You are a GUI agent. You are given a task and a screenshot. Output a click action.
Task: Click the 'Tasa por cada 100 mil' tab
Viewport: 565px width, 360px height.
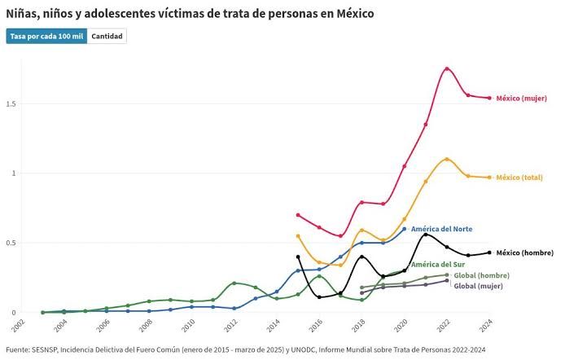pos(46,37)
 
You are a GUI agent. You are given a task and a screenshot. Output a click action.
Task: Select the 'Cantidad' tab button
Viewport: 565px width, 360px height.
pos(107,37)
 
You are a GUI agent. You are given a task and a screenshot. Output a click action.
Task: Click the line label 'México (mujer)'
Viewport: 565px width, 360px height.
pos(522,99)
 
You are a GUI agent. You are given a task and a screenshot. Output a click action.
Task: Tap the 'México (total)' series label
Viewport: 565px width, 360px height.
pos(519,178)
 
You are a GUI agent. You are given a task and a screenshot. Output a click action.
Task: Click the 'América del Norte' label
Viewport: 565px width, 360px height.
pos(441,229)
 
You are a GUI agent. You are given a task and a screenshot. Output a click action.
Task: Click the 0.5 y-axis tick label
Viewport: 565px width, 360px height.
pos(11,243)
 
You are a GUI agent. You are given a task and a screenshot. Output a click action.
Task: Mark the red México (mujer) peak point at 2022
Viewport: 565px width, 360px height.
pos(447,68)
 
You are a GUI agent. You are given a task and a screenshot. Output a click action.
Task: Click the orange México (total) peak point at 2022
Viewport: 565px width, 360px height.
pos(447,160)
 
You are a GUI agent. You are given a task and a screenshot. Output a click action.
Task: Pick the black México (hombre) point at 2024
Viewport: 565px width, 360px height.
pos(489,252)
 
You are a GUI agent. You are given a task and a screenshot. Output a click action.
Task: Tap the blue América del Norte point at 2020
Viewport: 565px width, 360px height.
pos(405,229)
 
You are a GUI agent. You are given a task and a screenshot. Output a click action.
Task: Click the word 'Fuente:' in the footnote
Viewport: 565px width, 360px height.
pos(20,350)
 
